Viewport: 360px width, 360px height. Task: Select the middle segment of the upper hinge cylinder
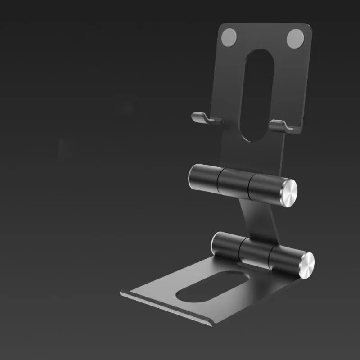coord(234,182)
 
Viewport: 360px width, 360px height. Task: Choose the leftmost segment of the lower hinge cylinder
coord(226,244)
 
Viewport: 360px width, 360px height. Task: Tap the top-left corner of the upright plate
coord(221,26)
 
